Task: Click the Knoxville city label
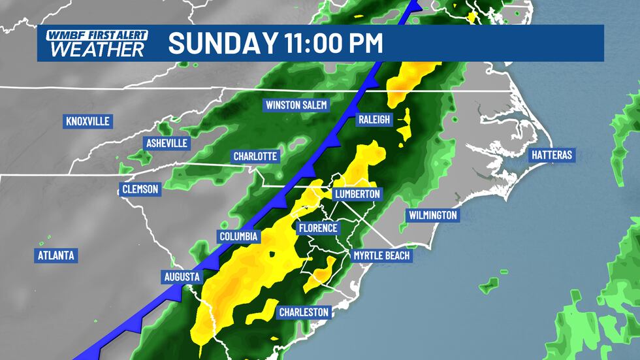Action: pos(88,122)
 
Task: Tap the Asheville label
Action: pos(167,143)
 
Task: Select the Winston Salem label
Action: pos(296,105)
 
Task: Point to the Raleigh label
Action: pos(374,120)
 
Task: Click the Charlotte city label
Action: pos(257,156)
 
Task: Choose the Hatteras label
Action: pos(551,155)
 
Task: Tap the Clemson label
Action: pos(140,189)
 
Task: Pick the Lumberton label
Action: pos(357,194)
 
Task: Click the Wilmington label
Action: pos(432,215)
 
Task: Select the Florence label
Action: pos(317,228)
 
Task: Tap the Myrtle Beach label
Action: pos(381,255)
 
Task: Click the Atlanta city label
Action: pos(57,255)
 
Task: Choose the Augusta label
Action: pos(182,277)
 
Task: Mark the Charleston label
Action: pos(304,312)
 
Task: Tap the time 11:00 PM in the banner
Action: pos(333,43)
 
